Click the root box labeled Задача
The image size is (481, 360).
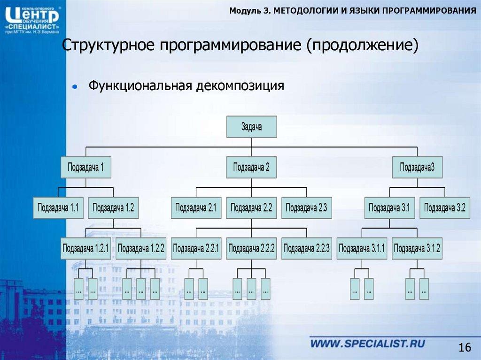pyautogui.click(x=251, y=127)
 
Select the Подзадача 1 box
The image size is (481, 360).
pyautogui.click(x=86, y=167)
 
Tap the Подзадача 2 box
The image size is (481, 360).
pyautogui.click(x=251, y=167)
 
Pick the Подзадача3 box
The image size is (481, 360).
pyautogui.click(x=417, y=167)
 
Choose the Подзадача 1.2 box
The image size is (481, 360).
pyautogui.click(x=113, y=208)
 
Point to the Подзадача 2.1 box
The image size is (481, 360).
pyautogui.click(x=196, y=208)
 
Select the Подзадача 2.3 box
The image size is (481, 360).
pyautogui.click(x=306, y=208)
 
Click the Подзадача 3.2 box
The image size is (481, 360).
pyautogui.click(x=445, y=208)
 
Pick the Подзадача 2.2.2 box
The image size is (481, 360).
pyautogui.click(x=251, y=248)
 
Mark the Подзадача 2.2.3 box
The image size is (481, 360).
pyautogui.click(x=306, y=248)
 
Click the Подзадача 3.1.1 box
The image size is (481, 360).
pyautogui.click(x=362, y=248)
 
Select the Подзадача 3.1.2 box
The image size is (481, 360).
pyautogui.click(x=417, y=248)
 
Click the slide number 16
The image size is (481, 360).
pyautogui.click(x=464, y=347)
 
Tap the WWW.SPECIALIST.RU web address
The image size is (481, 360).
pyautogui.click(x=367, y=343)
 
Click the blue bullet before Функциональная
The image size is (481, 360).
pyautogui.click(x=74, y=87)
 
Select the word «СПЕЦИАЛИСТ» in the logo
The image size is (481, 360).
pyautogui.click(x=32, y=27)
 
